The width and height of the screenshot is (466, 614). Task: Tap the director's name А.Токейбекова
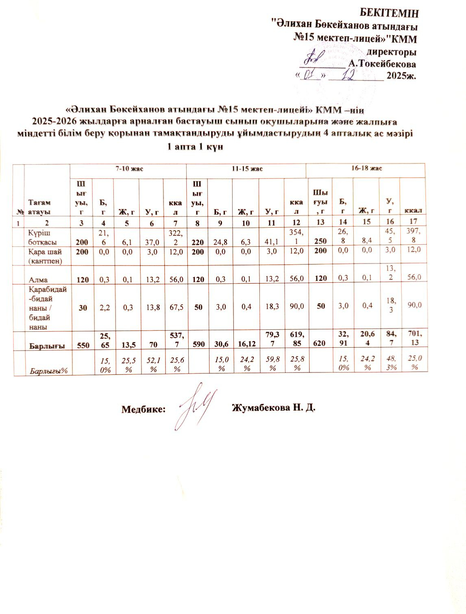pos(382,64)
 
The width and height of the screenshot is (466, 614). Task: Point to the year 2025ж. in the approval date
pos(401,76)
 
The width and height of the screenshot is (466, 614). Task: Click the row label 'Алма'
pos(38,280)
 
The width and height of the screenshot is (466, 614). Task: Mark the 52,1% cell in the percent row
pos(151,362)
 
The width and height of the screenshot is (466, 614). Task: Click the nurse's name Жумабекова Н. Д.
pos(273,408)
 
